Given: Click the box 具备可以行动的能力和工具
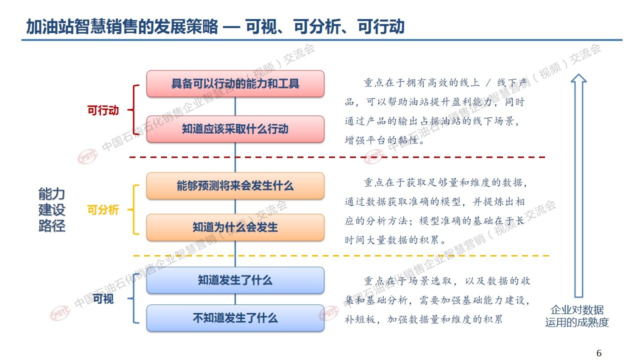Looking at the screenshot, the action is point(235,83).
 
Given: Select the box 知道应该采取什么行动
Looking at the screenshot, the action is point(235,129).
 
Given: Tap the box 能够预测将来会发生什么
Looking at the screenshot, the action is point(235,185).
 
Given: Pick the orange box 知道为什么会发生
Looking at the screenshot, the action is point(235,227).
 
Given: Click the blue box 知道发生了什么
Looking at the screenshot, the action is point(235,280).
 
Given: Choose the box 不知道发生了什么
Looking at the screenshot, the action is point(235,318).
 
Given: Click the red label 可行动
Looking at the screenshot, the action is point(103,110).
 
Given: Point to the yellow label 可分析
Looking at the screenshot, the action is point(103,209).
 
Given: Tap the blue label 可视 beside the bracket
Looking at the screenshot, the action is point(103,299).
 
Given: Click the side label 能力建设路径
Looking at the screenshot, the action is point(51,209).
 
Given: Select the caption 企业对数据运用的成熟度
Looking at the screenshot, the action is point(577,316).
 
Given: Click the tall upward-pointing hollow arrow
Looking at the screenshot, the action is point(578,185).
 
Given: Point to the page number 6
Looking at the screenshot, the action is point(599,353).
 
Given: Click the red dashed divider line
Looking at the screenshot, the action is point(337,157).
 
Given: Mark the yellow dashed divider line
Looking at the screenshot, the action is point(341,255).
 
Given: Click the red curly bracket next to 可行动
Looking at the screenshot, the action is point(133,109).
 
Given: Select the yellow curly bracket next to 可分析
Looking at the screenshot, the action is point(133,209).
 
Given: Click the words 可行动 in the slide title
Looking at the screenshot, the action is point(381,27).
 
